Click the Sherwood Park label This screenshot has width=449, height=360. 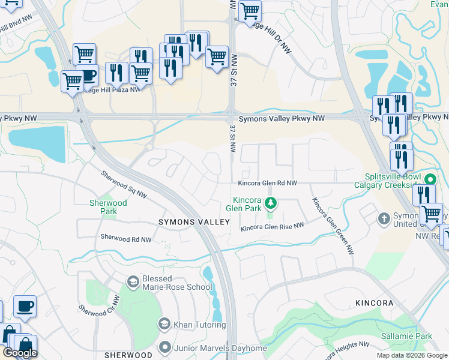click(x=109, y=207)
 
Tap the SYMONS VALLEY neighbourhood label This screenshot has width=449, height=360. click(x=194, y=222)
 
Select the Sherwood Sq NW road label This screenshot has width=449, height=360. click(x=124, y=184)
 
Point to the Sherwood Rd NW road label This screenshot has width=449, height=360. click(x=126, y=238)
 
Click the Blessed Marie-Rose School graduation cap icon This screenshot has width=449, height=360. click(x=133, y=281)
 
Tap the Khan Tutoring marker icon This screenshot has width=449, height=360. click(x=164, y=325)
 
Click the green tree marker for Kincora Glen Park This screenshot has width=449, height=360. click(x=271, y=203)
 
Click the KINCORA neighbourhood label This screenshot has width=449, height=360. click(x=373, y=303)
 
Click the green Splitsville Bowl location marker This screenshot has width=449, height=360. click(x=430, y=179)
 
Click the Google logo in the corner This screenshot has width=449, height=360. click(x=20, y=353)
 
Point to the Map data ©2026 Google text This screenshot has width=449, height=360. click(x=411, y=355)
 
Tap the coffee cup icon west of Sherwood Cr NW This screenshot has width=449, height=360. click(x=25, y=306)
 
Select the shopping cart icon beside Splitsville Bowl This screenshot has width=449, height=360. click(x=431, y=214)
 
